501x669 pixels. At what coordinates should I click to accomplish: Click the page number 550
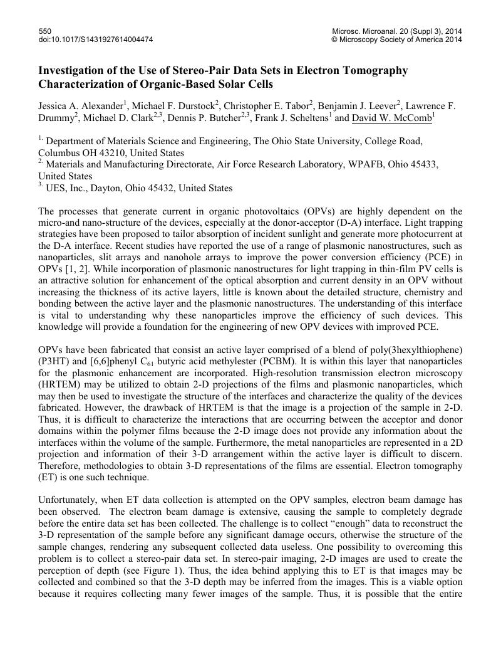44,31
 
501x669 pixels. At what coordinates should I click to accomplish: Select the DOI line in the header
96,40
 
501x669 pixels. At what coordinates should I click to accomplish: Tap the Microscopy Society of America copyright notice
396,40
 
